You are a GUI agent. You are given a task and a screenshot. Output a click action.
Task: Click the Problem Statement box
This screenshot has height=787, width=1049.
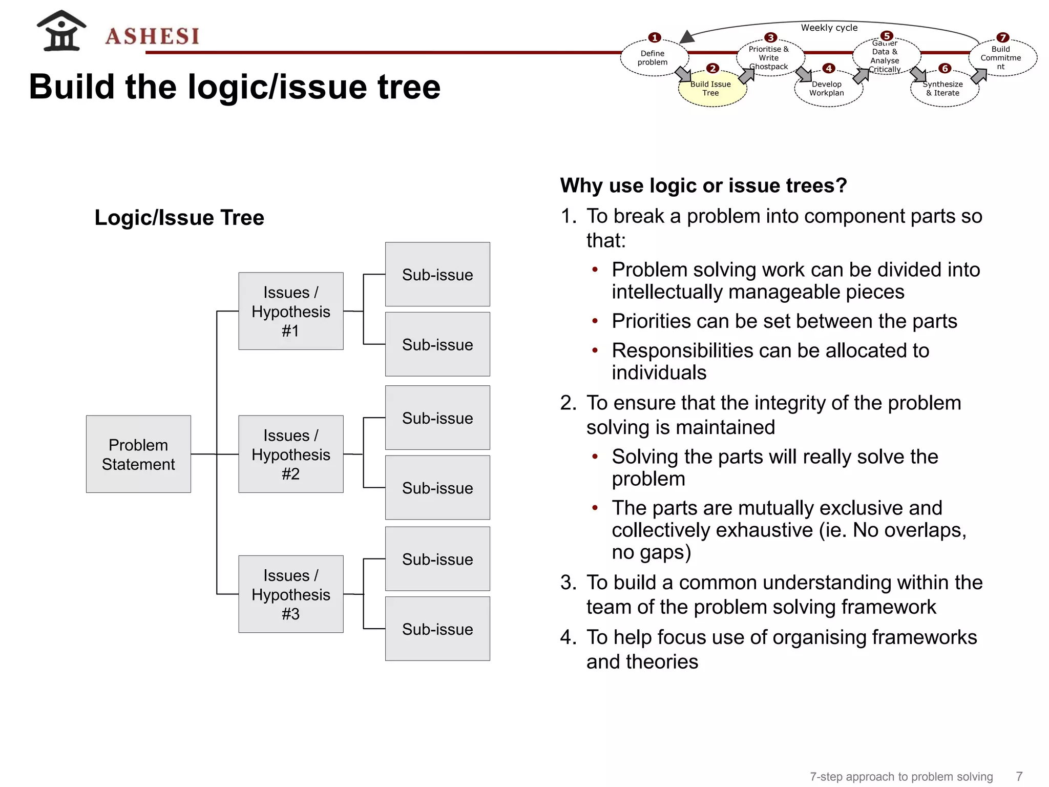138,454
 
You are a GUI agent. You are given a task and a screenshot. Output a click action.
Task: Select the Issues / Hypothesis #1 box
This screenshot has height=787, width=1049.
290,311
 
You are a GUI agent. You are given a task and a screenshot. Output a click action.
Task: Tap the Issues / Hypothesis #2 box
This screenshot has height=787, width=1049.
290,454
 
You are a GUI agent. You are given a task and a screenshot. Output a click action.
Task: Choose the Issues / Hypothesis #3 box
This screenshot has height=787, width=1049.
290,594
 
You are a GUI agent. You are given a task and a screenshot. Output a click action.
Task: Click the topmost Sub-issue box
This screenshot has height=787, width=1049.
437,274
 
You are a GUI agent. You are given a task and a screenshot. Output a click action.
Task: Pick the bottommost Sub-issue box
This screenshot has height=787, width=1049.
437,629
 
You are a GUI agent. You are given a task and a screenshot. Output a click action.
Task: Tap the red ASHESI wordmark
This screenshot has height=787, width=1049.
152,36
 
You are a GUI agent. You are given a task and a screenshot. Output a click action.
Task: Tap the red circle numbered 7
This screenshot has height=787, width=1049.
1002,37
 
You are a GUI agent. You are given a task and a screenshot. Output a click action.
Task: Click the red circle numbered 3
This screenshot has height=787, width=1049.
770,37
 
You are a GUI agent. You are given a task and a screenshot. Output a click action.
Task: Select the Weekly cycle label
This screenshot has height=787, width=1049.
829,28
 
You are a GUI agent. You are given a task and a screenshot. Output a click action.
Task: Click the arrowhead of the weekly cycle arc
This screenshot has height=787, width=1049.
686,37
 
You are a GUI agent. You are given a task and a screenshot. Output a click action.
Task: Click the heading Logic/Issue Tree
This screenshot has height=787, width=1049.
179,217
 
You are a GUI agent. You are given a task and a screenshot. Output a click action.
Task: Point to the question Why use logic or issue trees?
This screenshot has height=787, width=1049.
703,185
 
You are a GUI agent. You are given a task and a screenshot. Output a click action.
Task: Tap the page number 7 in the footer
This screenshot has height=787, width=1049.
1019,776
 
